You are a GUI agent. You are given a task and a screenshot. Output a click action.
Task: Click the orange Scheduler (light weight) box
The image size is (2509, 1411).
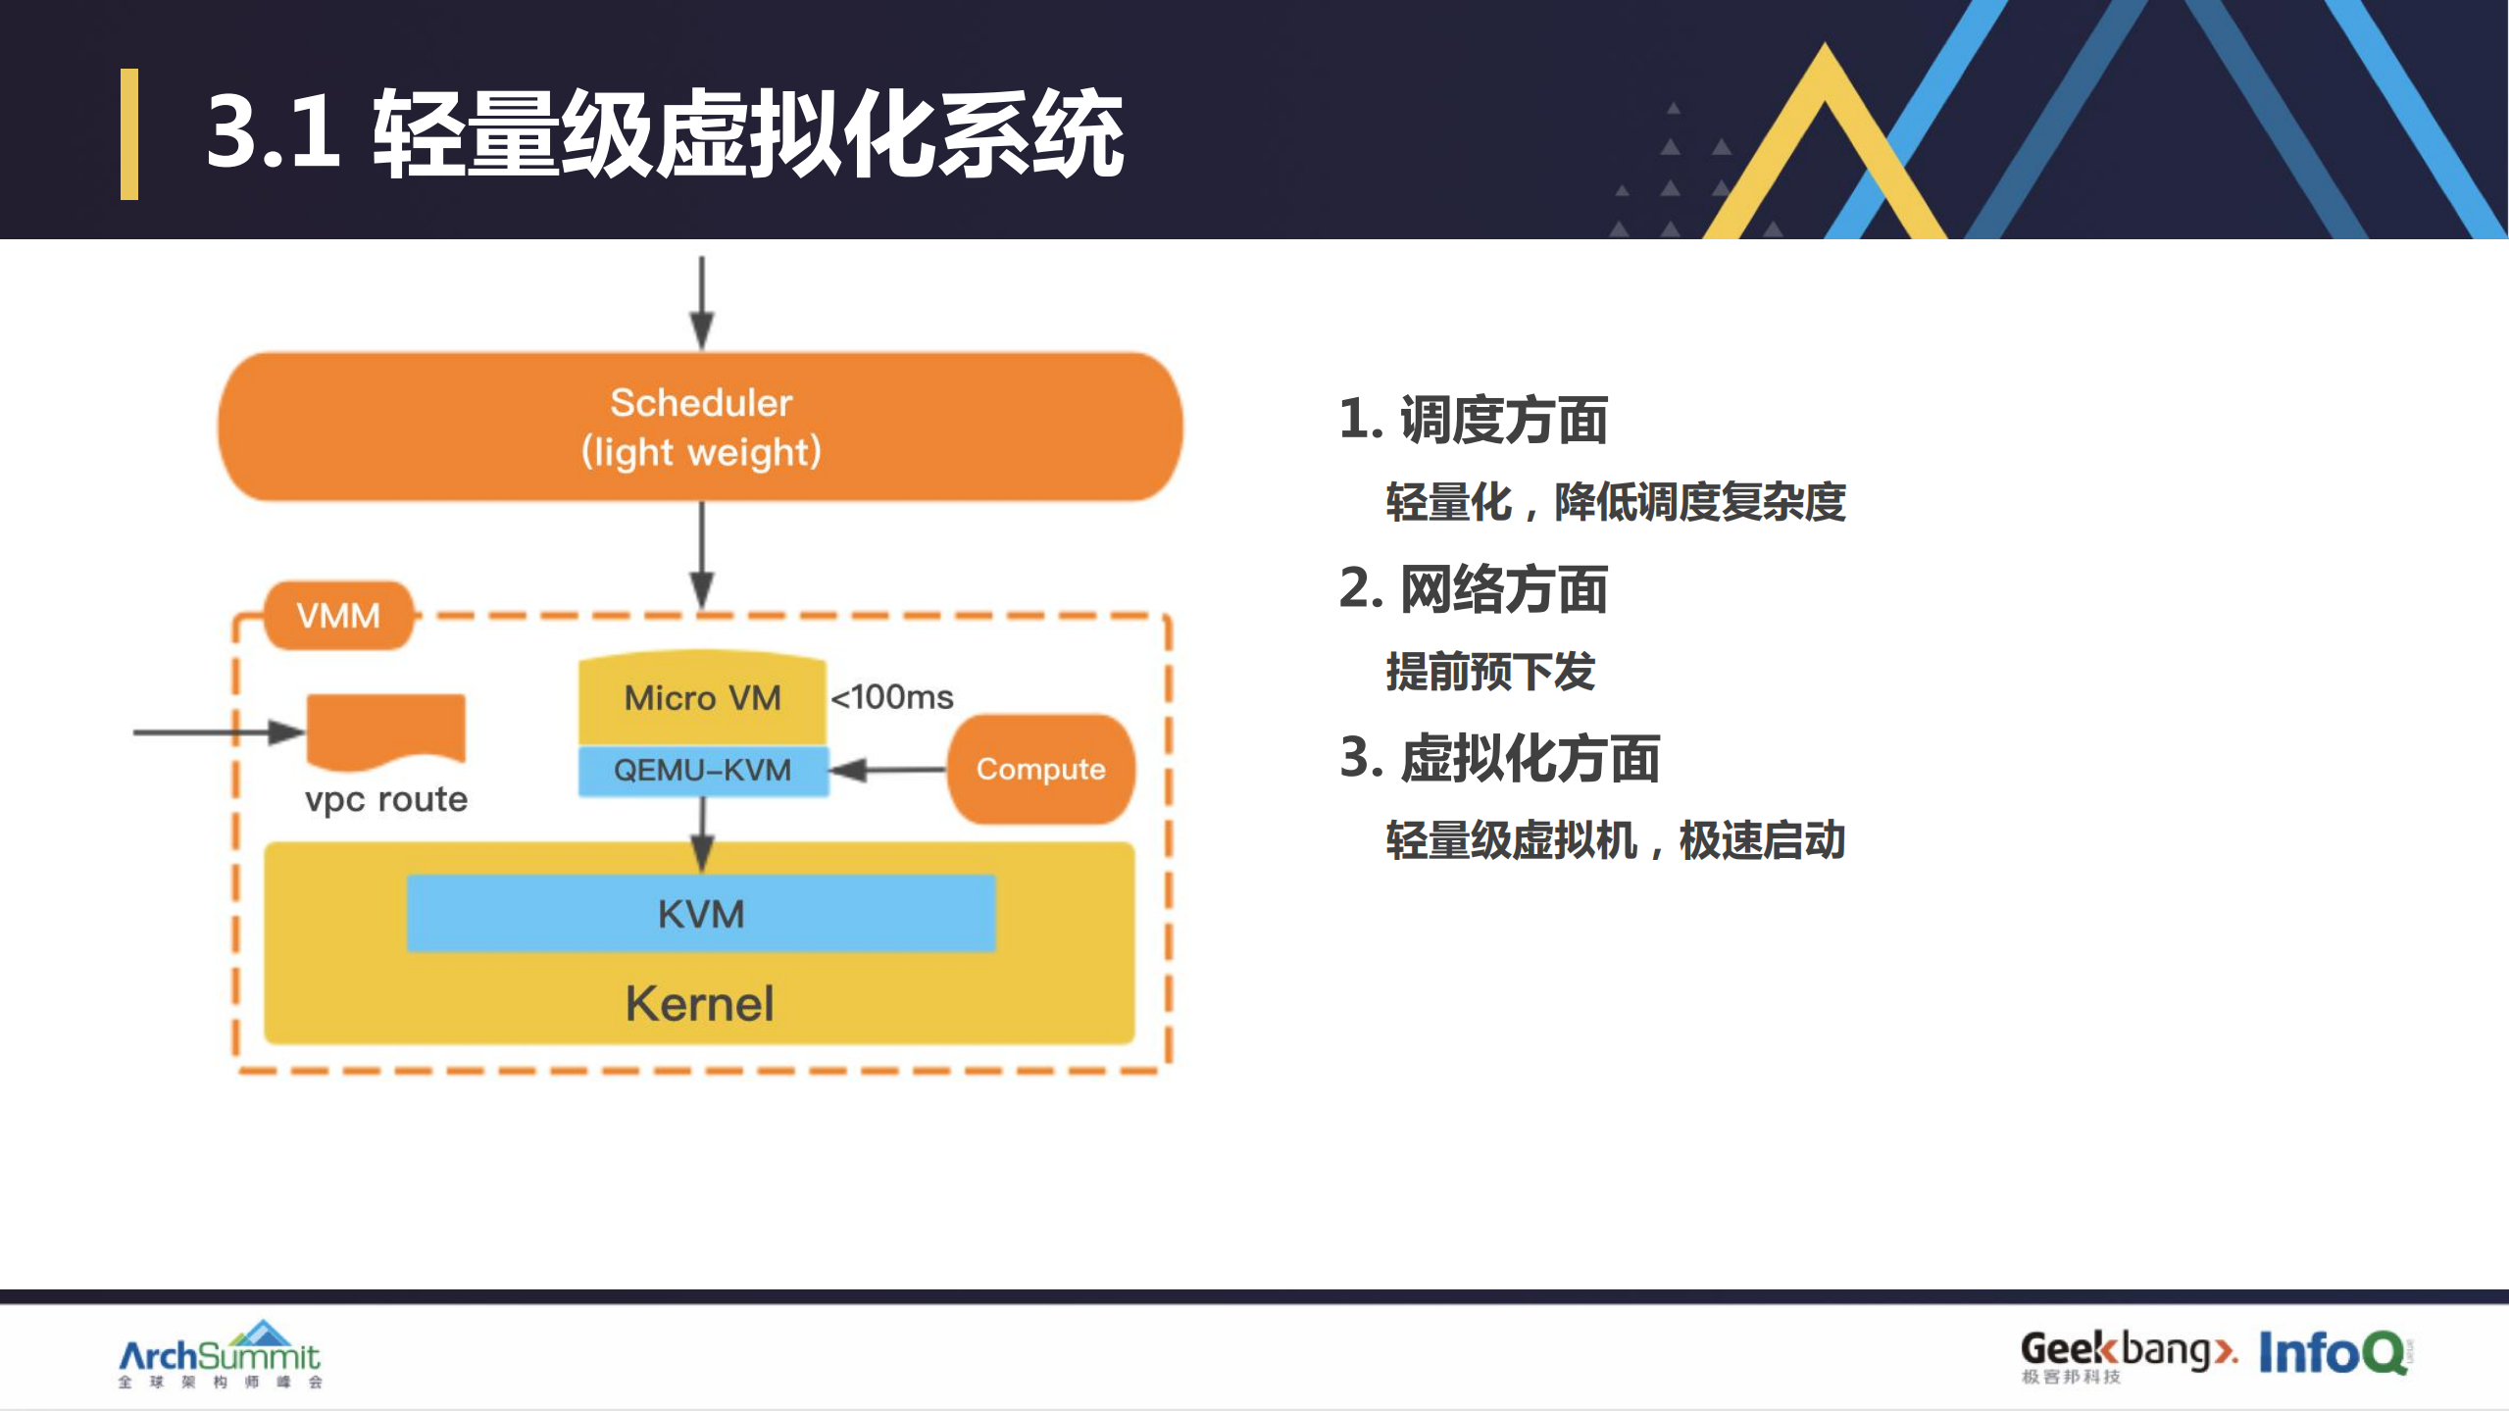[x=700, y=428]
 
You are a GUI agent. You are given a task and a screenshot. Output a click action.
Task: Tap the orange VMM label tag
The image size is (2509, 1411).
[x=338, y=616]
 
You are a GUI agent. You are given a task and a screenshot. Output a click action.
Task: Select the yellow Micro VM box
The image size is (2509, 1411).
[x=702, y=698]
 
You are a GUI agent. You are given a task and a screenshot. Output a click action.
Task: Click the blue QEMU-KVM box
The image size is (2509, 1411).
[x=702, y=770]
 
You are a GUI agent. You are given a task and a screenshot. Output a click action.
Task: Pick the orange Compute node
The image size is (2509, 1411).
[x=1040, y=769]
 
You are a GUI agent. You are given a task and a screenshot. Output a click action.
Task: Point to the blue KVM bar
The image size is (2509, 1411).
[x=700, y=914]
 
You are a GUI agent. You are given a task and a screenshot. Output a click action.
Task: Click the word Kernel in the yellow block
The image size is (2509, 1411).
[x=700, y=1004]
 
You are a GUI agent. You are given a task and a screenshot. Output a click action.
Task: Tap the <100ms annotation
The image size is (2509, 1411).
[x=891, y=697]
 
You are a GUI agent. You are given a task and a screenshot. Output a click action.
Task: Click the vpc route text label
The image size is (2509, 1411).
[x=386, y=799]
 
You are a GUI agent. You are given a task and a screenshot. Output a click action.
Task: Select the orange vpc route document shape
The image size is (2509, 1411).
[x=385, y=729]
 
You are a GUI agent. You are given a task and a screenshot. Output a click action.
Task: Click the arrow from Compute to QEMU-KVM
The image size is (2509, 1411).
[x=888, y=770]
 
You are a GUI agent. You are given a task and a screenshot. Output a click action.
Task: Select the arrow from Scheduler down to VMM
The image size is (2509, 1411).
[x=701, y=555]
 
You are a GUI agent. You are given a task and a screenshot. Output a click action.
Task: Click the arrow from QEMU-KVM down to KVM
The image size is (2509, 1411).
[x=702, y=833]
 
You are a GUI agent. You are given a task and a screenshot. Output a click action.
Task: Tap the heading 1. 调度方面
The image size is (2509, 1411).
[x=1473, y=420]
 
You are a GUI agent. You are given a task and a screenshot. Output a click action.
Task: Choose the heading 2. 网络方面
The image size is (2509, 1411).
[x=1473, y=589]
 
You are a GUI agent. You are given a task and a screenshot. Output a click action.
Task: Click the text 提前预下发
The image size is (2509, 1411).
[x=1489, y=673]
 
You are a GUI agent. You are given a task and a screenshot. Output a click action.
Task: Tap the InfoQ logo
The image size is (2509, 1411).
[x=2333, y=1353]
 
